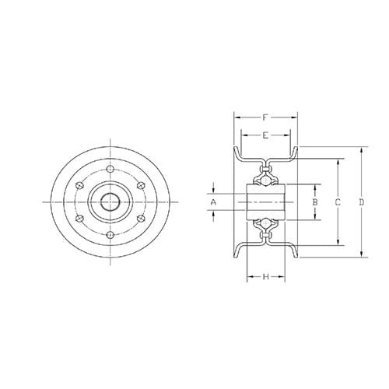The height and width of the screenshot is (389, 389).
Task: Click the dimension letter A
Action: (x=213, y=202)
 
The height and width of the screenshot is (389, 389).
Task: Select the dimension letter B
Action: (x=314, y=202)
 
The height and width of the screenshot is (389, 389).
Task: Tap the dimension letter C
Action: (x=338, y=202)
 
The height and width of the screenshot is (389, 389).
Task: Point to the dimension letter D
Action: (x=362, y=202)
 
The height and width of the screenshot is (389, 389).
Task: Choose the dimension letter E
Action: (x=266, y=135)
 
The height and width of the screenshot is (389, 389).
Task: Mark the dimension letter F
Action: (x=266, y=118)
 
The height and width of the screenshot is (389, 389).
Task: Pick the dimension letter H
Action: (x=266, y=276)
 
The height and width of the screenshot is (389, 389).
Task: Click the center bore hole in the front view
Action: (x=110, y=202)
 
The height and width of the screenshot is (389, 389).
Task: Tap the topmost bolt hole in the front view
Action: (x=110, y=169)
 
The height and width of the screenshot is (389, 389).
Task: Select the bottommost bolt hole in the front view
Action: (x=110, y=234)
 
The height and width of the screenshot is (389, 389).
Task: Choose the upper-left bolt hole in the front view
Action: (x=81, y=185)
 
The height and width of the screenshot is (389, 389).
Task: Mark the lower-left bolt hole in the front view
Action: (x=81, y=218)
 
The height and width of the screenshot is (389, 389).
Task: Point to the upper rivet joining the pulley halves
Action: (x=266, y=165)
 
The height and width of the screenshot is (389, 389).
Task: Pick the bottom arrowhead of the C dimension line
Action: (x=338, y=244)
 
